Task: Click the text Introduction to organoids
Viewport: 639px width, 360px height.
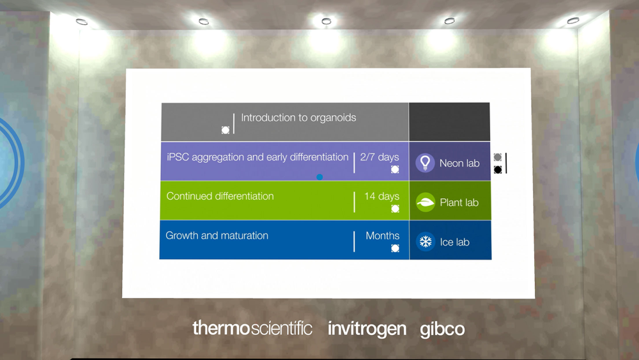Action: click(x=298, y=118)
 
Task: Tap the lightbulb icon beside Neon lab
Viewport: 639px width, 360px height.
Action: click(x=425, y=162)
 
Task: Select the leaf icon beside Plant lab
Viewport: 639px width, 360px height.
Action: click(x=426, y=202)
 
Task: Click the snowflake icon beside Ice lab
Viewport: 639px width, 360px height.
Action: click(x=426, y=242)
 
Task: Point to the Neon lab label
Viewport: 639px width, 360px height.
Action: click(x=459, y=163)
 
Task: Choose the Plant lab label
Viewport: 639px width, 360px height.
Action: click(x=459, y=203)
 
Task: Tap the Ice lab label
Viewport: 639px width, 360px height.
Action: click(x=454, y=242)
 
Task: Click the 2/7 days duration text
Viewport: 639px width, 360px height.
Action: click(x=380, y=157)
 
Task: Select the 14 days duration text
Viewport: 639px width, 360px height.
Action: click(x=381, y=196)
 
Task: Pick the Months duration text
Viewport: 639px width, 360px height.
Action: click(x=382, y=236)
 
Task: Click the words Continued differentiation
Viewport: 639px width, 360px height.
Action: click(x=220, y=196)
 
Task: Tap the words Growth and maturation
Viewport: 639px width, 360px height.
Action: click(x=217, y=236)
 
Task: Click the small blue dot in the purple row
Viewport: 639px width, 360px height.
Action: click(x=319, y=177)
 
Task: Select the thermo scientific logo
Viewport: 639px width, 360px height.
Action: click(x=252, y=328)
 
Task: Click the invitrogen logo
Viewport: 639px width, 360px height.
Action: click(x=367, y=329)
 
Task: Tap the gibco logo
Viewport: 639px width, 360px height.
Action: click(x=442, y=329)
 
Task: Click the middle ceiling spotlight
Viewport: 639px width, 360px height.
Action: click(x=326, y=21)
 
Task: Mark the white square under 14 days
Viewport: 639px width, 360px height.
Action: click(x=395, y=208)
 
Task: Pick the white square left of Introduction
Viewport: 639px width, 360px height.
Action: click(x=226, y=130)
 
